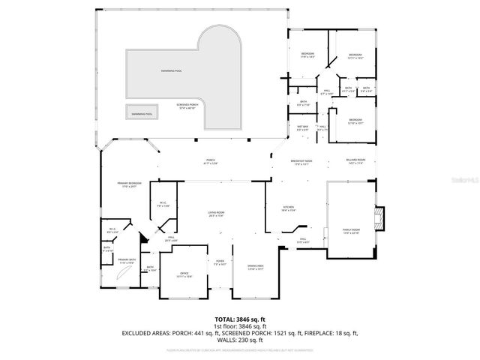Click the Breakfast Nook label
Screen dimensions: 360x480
pos(303,162)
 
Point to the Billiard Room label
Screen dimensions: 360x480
pos(356,162)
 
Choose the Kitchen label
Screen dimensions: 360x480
pos(288,209)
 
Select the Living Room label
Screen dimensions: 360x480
pos(217,214)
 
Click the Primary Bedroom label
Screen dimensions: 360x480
pos(129,184)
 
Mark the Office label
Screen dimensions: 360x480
pos(184,274)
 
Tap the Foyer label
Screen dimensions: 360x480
pos(219,263)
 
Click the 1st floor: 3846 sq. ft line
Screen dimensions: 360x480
pos(239,327)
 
